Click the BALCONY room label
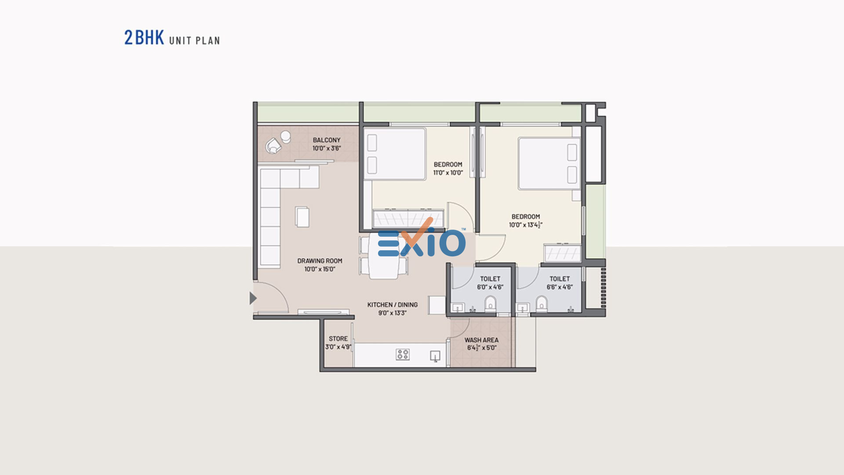pos(327,140)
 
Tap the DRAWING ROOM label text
pos(320,261)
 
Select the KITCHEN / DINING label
pos(393,304)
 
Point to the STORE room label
pos(338,339)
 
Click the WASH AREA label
pos(481,340)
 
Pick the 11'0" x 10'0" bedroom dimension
pos(448,173)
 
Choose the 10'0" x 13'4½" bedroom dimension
pos(526,225)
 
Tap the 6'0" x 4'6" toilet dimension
pos(490,287)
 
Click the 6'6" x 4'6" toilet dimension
pos(560,287)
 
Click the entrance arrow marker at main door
pos(253,298)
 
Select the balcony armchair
pos(273,146)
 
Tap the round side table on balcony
pos(286,136)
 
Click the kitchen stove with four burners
pos(403,354)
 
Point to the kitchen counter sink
pos(435,356)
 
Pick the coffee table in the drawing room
pos(302,217)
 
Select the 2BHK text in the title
pos(144,38)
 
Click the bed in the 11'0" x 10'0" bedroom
pos(395,154)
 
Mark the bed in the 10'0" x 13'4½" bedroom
pos(549,164)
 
